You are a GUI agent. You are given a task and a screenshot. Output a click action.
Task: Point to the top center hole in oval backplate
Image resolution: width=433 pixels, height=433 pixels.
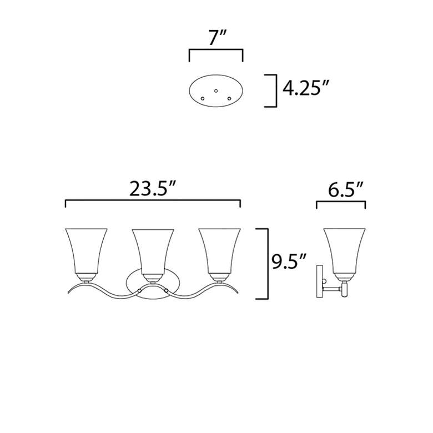pos(216,89)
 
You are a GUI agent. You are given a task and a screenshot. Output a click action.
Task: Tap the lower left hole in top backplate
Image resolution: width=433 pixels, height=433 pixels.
pos(203,98)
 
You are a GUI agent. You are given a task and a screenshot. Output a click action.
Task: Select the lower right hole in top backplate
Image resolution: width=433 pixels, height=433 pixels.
pos(229,98)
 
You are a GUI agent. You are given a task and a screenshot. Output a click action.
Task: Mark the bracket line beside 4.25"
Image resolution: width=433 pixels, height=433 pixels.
pos(275,90)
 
